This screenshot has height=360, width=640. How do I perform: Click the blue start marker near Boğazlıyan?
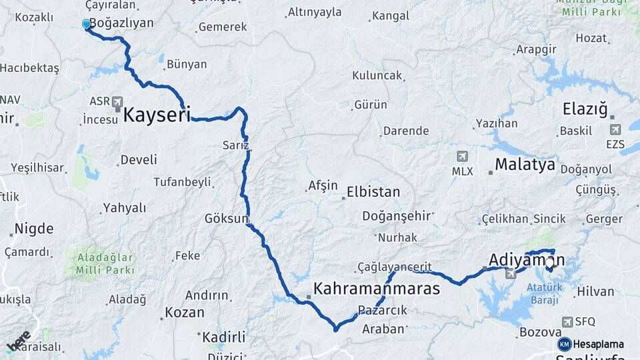(x=86, y=25)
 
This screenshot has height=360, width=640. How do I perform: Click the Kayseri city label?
(x=157, y=114)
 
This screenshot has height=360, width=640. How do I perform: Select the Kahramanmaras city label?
(x=376, y=289)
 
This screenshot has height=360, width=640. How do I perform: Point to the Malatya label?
(x=525, y=165)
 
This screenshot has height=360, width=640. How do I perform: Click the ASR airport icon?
(x=118, y=102)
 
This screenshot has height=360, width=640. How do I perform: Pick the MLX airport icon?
(x=462, y=157)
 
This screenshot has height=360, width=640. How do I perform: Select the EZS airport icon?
(x=615, y=129)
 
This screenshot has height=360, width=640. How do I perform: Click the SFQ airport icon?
(x=567, y=321)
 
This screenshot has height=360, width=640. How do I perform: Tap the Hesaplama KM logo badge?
(x=565, y=344)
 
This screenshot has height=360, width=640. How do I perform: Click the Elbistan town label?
(x=373, y=192)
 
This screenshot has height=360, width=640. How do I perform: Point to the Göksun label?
(x=227, y=218)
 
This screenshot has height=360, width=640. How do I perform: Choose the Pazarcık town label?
(x=382, y=310)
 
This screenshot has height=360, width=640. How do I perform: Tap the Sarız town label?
(x=235, y=145)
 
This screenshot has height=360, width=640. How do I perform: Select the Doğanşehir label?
(x=397, y=216)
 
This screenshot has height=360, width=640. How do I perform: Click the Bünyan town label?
(x=187, y=65)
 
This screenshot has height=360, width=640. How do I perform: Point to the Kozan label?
(x=184, y=312)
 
